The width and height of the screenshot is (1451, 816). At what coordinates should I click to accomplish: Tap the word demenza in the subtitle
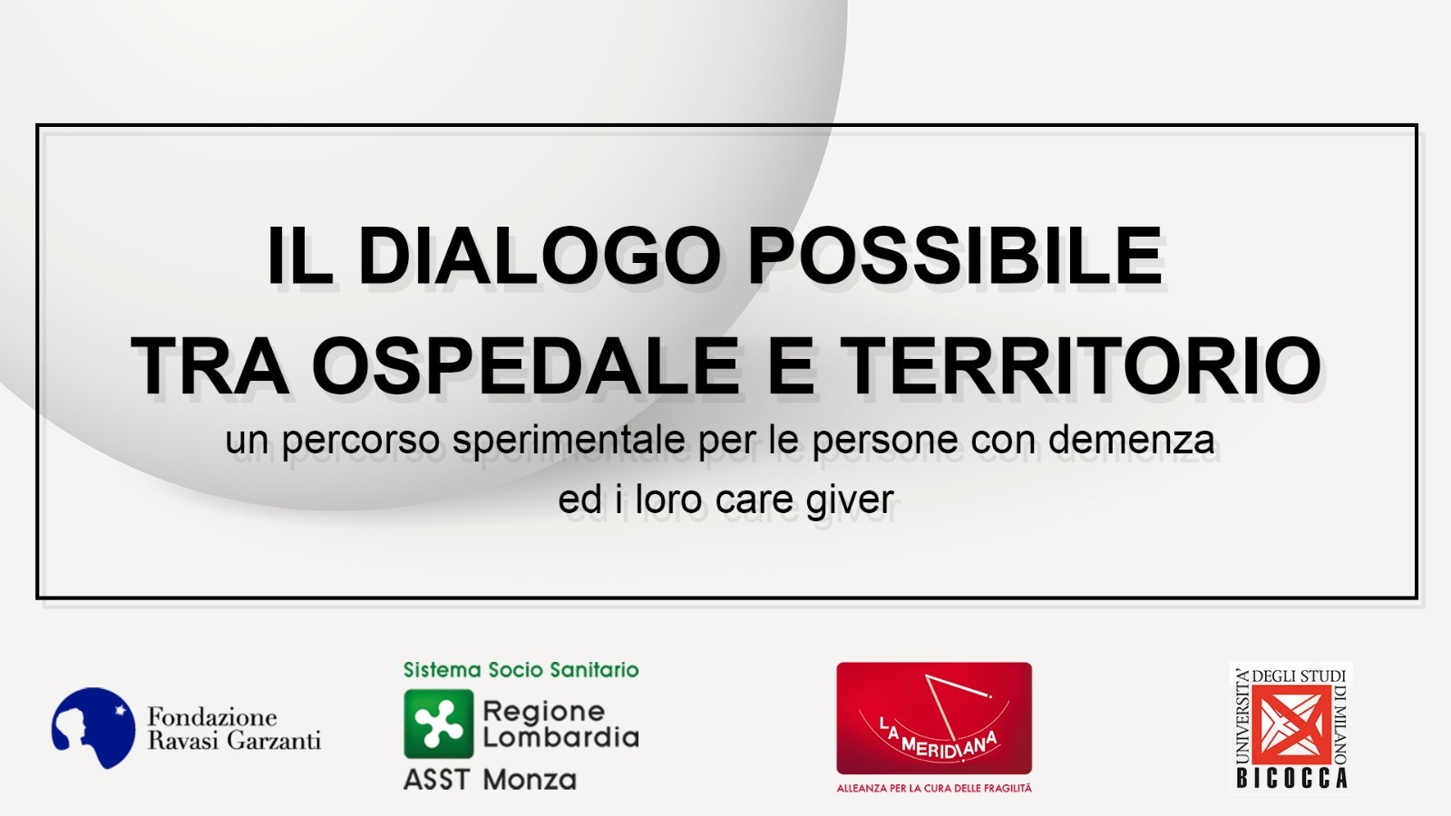click(1131, 440)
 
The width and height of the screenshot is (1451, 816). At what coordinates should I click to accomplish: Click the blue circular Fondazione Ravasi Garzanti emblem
click(94, 728)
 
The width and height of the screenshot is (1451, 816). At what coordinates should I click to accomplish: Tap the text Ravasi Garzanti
click(235, 740)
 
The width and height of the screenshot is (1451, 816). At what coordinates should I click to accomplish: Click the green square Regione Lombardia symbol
click(439, 724)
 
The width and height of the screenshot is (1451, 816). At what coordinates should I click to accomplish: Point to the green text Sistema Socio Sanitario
click(521, 670)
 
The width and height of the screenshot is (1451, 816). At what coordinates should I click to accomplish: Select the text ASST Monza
click(490, 779)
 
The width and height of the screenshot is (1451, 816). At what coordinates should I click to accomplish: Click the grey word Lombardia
click(561, 738)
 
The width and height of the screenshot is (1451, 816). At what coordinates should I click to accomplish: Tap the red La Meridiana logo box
click(933, 718)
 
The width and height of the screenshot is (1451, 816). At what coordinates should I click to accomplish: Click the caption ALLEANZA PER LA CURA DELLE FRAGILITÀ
click(933, 789)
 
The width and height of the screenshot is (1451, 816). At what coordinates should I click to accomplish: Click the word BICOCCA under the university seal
click(1292, 778)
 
